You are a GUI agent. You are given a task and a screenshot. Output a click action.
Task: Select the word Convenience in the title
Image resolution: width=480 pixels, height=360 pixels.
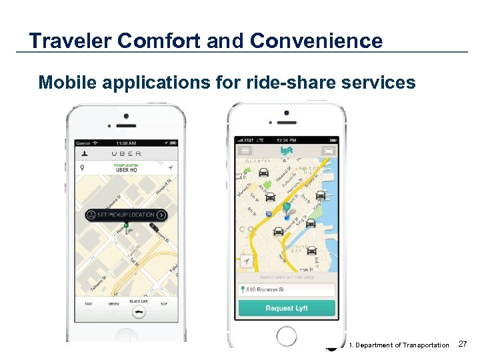(x=317, y=41)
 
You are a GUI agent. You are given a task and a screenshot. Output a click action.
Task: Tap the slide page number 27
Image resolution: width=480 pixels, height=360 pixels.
(x=464, y=344)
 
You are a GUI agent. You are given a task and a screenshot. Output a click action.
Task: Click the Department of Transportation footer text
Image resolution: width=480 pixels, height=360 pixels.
(x=400, y=345)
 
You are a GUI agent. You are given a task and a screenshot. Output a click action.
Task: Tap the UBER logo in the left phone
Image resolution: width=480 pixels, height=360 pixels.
(x=126, y=153)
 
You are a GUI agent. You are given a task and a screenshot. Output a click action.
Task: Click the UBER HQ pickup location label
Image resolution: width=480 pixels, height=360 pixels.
(x=126, y=169)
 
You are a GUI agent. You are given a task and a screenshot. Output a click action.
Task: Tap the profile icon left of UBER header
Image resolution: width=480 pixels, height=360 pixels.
(x=84, y=153)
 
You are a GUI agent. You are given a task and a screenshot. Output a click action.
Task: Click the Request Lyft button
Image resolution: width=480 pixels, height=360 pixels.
(x=287, y=308)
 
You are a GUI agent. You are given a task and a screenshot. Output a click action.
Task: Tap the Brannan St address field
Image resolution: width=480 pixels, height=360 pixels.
(x=287, y=289)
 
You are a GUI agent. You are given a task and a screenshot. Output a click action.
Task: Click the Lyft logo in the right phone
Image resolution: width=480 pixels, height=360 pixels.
(x=286, y=151)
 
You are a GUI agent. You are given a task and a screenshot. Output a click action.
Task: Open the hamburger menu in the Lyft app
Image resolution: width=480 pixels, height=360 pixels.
(x=245, y=151)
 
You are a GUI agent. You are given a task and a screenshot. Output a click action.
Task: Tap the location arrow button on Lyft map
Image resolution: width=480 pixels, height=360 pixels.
(x=247, y=261)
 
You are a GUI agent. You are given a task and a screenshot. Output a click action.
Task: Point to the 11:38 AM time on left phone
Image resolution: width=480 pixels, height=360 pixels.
(x=126, y=143)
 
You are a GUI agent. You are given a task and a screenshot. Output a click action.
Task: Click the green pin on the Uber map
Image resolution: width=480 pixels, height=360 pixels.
(x=126, y=229)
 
